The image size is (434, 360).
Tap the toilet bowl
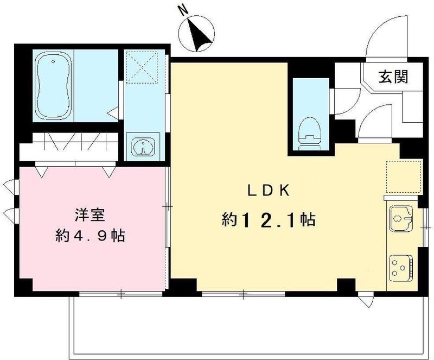coord(310,130)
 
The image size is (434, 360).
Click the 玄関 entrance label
coord(392,78)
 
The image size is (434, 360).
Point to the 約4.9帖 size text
coord(91,236)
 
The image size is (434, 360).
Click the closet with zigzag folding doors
coord(71,146)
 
